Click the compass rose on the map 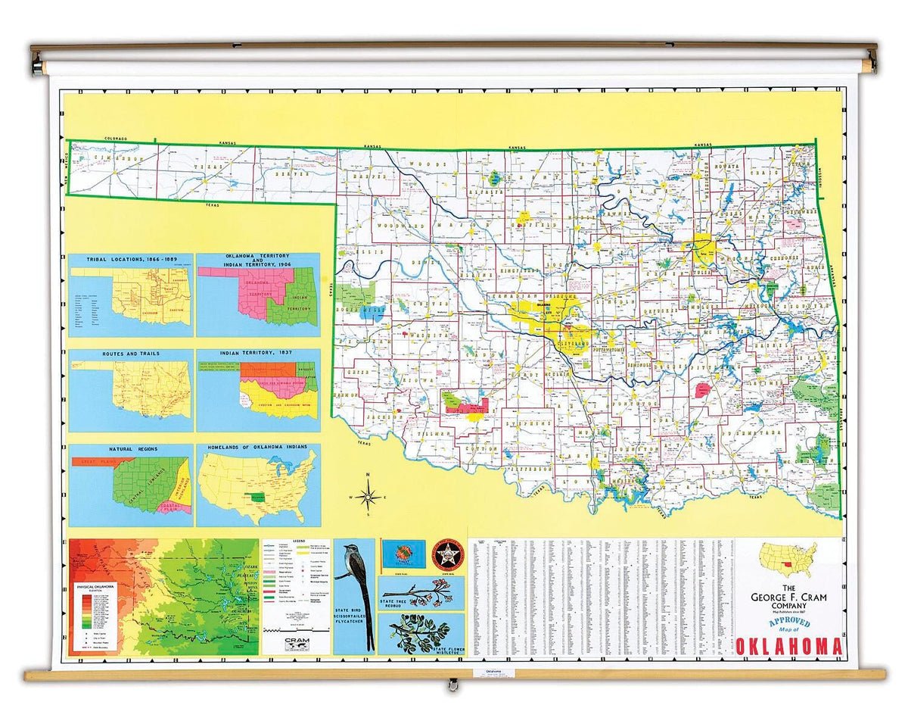click(x=368, y=497)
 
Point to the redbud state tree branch click(x=420, y=592)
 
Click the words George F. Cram click(x=789, y=599)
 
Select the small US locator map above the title click(x=788, y=560)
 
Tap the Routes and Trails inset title click(x=130, y=354)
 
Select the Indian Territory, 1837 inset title click(x=258, y=354)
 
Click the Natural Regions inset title click(x=130, y=449)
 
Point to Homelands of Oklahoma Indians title click(x=258, y=449)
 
